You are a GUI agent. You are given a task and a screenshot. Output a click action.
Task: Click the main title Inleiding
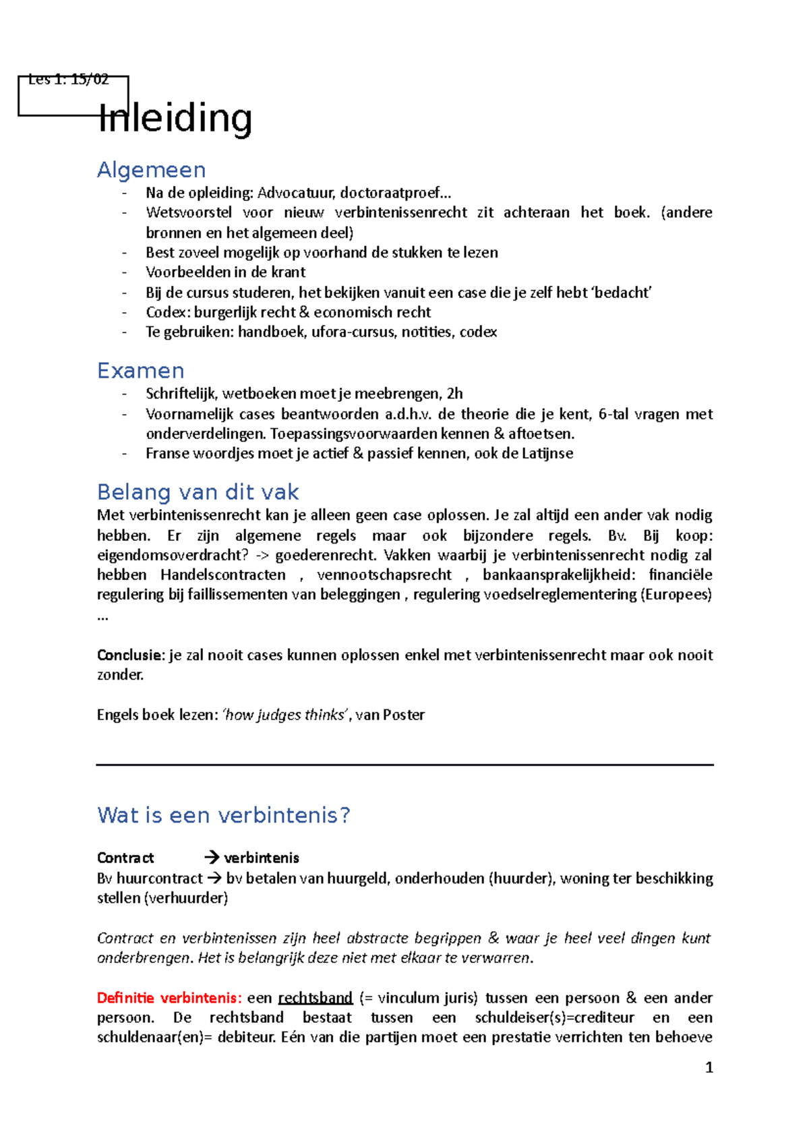[x=175, y=119]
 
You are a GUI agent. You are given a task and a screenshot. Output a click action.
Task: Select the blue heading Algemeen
[x=151, y=170]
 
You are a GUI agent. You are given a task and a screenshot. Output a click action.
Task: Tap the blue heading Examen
[x=140, y=371]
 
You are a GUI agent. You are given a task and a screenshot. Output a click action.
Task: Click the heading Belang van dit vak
[x=198, y=492]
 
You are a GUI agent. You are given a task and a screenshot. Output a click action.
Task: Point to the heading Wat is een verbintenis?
[x=223, y=815]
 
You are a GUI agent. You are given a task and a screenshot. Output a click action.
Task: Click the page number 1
[x=709, y=1067]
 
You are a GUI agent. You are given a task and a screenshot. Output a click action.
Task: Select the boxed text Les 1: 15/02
[x=68, y=80]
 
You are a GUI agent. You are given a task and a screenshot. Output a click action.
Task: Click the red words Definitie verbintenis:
[x=169, y=997]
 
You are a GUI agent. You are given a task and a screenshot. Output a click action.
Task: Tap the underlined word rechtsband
[x=315, y=997]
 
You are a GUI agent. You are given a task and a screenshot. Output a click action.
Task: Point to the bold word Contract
[x=125, y=858]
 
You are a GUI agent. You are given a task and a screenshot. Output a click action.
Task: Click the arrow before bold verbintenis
[x=212, y=858]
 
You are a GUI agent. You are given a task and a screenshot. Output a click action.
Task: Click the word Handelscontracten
[x=222, y=575]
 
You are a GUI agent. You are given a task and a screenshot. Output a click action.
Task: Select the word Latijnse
[x=547, y=453]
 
